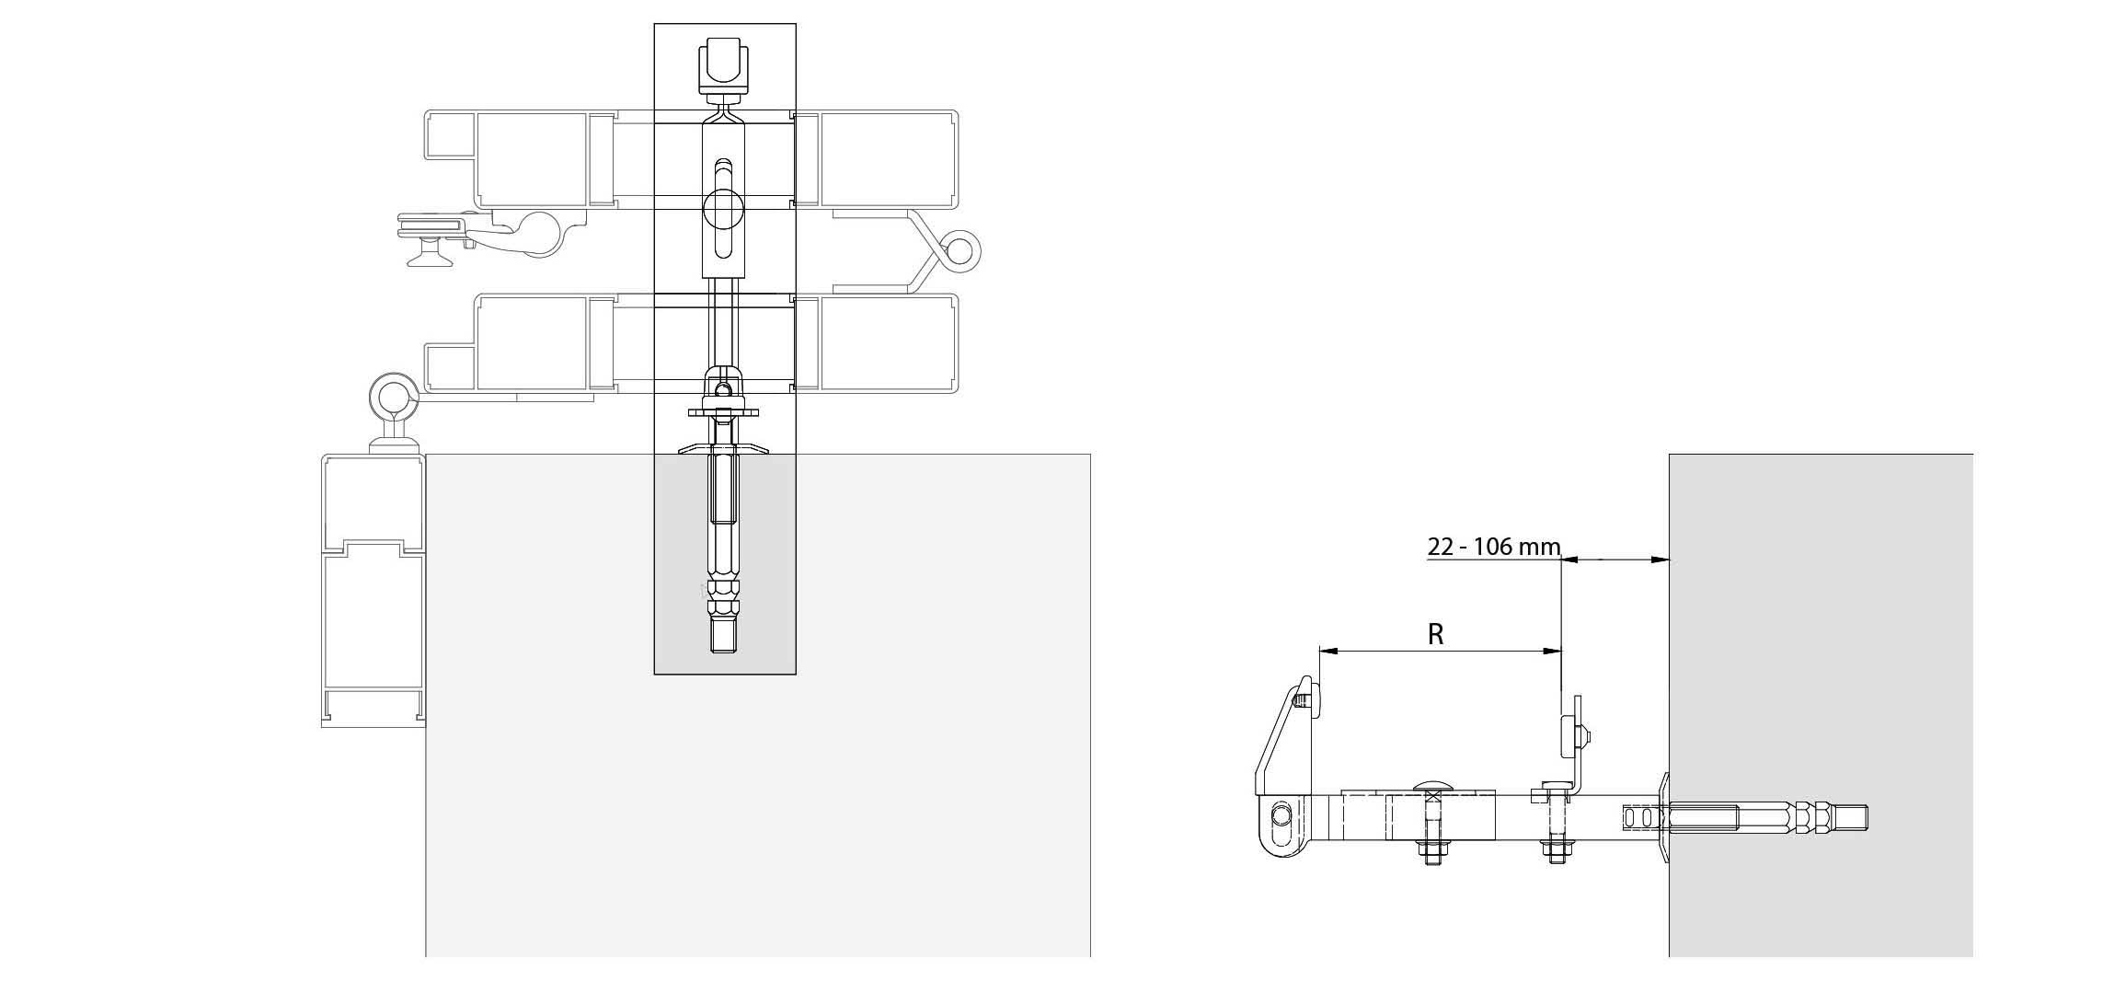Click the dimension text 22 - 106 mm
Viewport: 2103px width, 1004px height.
coord(1494,547)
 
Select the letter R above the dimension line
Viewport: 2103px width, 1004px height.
coord(1436,634)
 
